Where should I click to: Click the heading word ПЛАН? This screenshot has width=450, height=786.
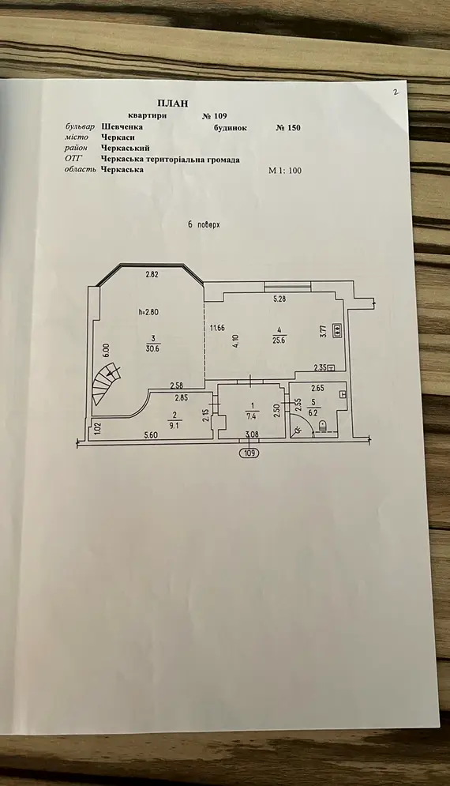[173, 103]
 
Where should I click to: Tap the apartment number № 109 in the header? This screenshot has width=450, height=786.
[215, 116]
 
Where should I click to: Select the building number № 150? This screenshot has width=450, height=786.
[288, 127]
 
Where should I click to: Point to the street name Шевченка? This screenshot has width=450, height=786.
[122, 127]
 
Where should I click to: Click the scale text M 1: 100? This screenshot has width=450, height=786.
[285, 171]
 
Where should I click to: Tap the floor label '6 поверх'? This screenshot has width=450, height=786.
[204, 224]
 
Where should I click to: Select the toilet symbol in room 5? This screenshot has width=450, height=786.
[322, 426]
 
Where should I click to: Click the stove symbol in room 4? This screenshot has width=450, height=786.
[337, 330]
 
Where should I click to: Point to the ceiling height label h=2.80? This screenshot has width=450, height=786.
[148, 312]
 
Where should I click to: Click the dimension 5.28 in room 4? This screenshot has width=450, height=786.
[279, 299]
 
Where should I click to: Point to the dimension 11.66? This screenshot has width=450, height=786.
[217, 329]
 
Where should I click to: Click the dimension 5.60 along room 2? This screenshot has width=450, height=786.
[151, 435]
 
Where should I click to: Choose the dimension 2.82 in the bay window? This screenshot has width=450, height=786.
[152, 274]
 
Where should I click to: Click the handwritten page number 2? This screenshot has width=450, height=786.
[396, 92]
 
